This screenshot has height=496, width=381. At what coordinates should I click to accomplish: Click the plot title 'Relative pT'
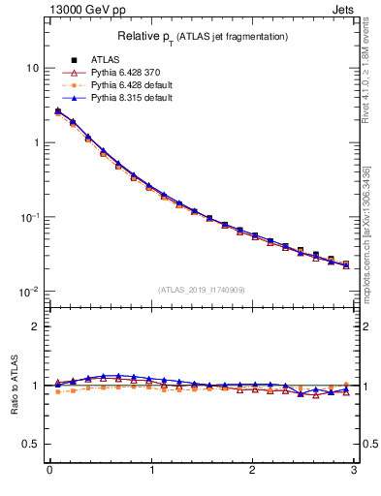203,36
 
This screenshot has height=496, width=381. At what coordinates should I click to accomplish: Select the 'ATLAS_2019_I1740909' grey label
202,290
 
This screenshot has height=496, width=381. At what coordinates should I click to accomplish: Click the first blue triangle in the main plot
57,110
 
